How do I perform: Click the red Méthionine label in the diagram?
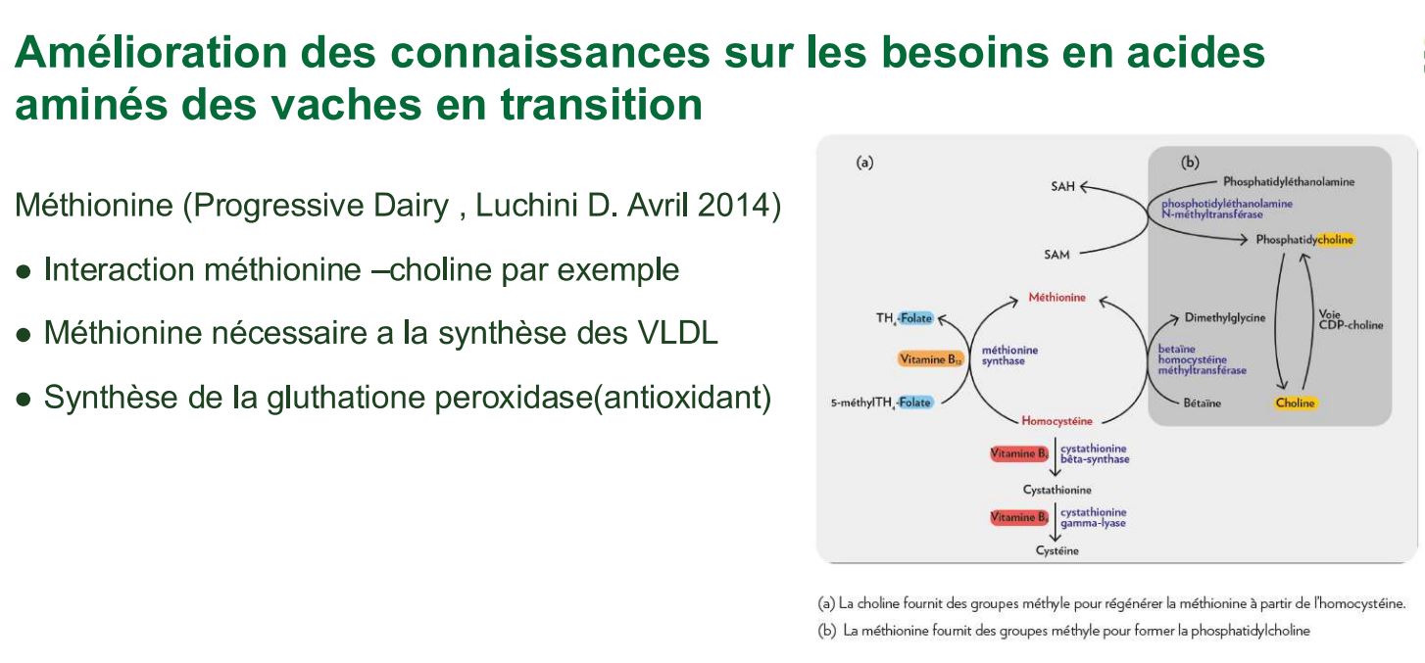coord(1056,297)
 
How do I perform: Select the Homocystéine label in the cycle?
coord(1056,421)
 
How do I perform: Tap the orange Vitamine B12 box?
coord(931,359)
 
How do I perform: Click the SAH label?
coord(1062,186)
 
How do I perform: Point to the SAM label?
coord(1056,255)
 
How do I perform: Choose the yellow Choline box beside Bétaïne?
coord(1295,403)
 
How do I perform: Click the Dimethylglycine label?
coord(1225,318)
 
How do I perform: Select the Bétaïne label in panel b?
coord(1202,403)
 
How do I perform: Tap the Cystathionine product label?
coord(1056,490)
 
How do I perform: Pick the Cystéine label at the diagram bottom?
coord(1056,550)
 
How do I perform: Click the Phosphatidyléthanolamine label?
coord(1288,182)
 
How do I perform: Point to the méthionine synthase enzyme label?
coord(1009,355)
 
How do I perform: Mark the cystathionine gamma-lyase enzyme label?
coord(1093,517)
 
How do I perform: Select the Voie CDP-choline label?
coord(1351,319)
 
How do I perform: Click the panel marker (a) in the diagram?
coord(864,163)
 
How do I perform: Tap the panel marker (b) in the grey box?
coord(1190,163)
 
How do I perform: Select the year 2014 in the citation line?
coord(733,205)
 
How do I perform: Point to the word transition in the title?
coord(601,104)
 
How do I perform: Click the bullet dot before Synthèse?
coord(24,400)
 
